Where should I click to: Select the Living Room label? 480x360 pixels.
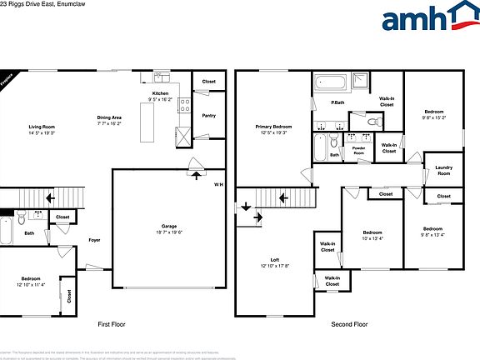point(41,127)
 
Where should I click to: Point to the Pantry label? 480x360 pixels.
point(208,115)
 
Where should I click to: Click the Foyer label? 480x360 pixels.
point(94,240)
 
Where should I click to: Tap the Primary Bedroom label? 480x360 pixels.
point(273,127)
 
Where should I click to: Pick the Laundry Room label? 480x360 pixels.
point(443,170)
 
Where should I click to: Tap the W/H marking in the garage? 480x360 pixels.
point(218,184)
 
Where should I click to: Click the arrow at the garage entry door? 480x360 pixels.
point(197,174)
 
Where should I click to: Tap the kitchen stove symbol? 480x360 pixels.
point(184,105)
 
